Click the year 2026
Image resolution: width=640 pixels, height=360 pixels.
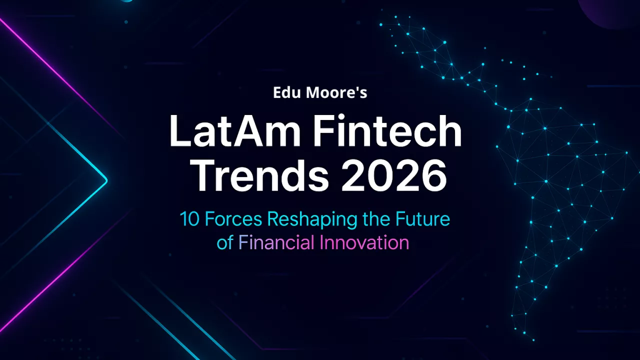click(394, 176)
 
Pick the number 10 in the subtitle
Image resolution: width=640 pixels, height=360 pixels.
click(189, 220)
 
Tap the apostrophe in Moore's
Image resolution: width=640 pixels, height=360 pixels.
click(357, 89)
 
